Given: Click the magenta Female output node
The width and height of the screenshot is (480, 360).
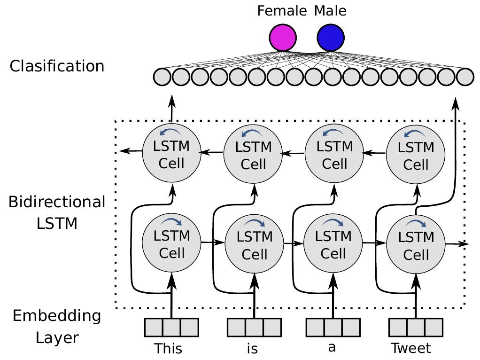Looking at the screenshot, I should click(283, 38).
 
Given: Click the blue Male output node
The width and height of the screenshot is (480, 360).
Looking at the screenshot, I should click(331, 38).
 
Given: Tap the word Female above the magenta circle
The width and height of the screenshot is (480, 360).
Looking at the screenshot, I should click(282, 10).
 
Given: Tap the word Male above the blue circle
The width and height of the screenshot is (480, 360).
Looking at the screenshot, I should click(331, 10).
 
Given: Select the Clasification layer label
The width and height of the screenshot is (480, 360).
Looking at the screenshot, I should click(57, 66).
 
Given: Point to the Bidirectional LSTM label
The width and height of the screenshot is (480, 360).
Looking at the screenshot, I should click(57, 212).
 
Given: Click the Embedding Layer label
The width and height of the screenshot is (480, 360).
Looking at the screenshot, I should click(57, 326).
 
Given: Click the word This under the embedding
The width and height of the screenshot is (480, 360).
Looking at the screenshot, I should click(168, 349).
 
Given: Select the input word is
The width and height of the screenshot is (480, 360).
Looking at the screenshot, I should click(252, 349).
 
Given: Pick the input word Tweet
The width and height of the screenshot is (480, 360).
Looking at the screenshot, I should click(411, 349).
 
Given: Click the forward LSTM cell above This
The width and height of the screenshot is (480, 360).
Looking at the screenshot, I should click(172, 243).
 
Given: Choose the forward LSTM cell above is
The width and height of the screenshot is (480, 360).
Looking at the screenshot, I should click(255, 244).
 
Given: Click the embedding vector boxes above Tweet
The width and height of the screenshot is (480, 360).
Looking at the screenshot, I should click(416, 328).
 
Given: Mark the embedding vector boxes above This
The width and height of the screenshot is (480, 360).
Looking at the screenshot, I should click(171, 328).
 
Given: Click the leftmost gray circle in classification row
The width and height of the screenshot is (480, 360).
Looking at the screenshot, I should click(162, 77).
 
